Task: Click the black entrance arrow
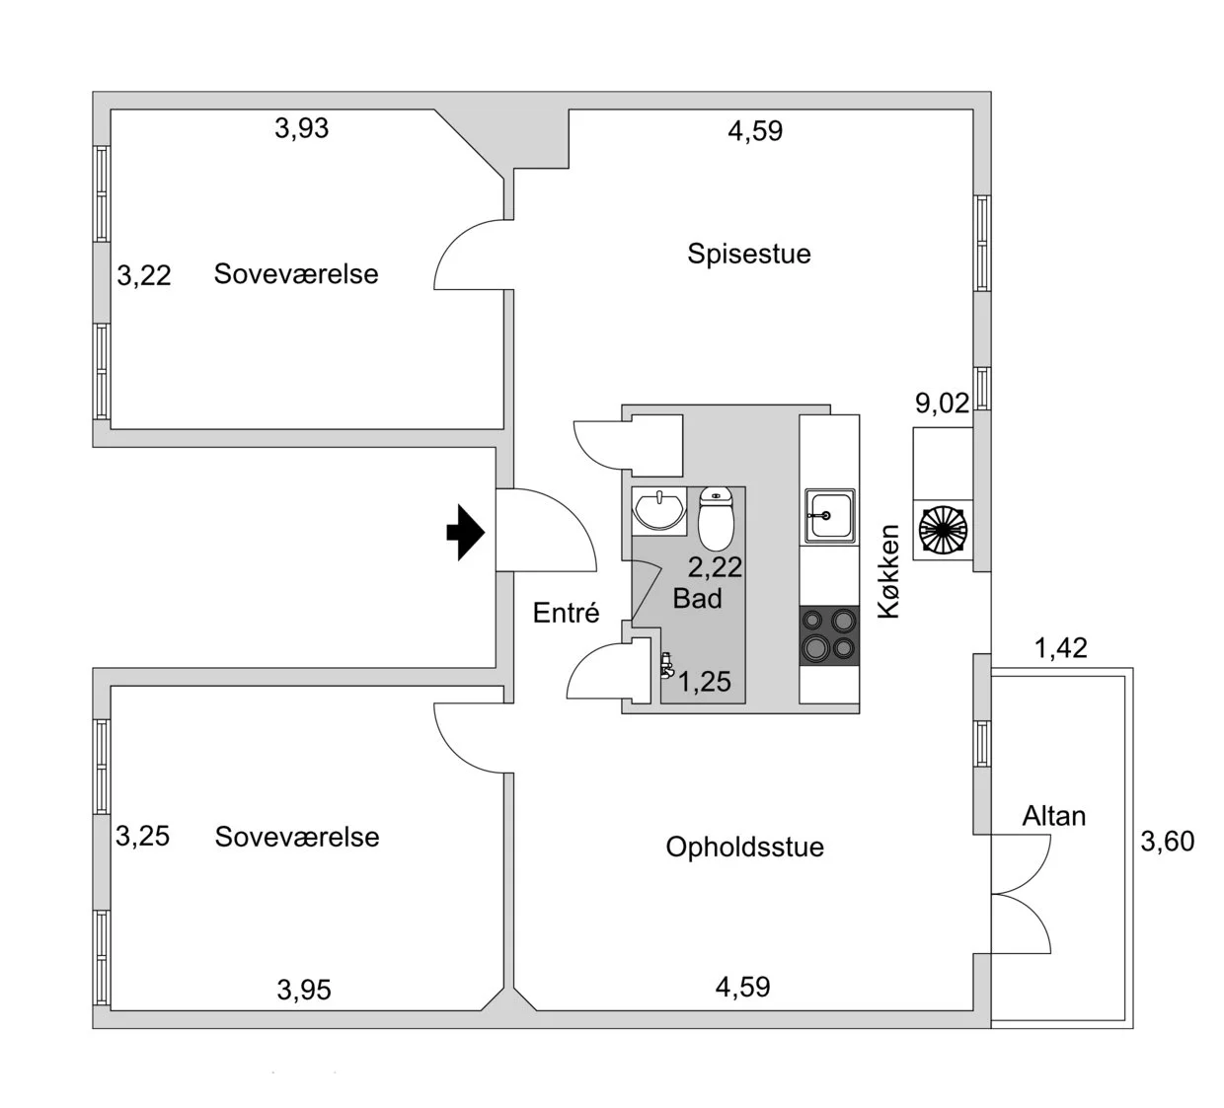(x=466, y=533)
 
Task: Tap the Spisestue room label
(x=749, y=254)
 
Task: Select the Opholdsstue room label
(x=744, y=847)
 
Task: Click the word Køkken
(x=889, y=571)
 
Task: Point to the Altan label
(x=1053, y=816)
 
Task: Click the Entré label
(x=566, y=613)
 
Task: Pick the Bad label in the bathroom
(x=697, y=598)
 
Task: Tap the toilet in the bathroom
(x=716, y=517)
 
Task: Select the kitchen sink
(x=828, y=515)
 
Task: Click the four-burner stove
(x=828, y=634)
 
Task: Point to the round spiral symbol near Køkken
(x=942, y=529)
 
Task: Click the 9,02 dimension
(x=942, y=403)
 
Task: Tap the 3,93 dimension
(x=301, y=128)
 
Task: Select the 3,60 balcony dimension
(x=1167, y=841)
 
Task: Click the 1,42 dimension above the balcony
(x=1060, y=647)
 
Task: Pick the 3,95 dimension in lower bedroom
(x=304, y=990)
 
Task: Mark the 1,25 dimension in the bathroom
(x=705, y=682)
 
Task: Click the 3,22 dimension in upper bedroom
(x=144, y=275)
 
